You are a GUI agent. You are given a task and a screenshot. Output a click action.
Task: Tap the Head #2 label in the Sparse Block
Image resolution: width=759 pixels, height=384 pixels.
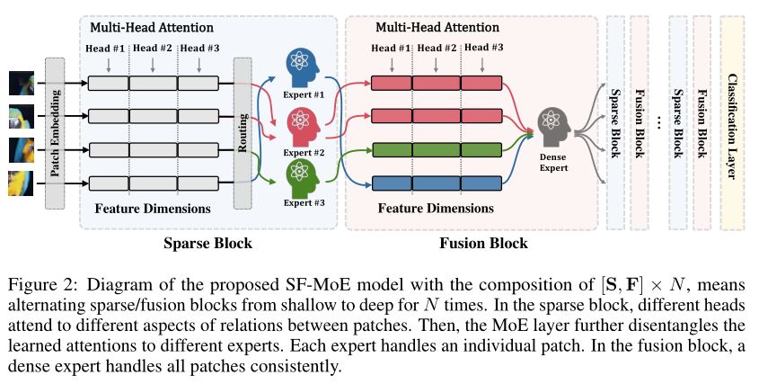point(153,49)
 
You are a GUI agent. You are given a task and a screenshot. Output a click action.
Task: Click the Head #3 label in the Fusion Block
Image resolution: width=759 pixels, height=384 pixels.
point(484,49)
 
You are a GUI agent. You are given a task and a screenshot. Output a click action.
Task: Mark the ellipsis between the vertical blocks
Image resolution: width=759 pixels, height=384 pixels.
point(658,121)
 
